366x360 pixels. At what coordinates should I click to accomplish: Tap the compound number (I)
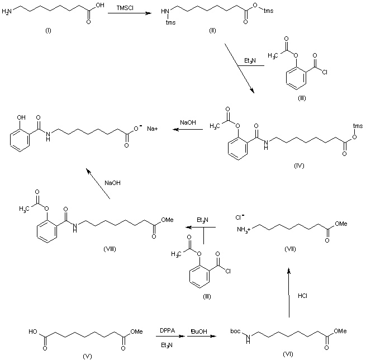click(49, 29)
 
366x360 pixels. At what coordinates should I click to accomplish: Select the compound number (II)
click(212, 29)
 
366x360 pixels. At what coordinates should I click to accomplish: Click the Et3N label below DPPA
click(166, 346)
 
